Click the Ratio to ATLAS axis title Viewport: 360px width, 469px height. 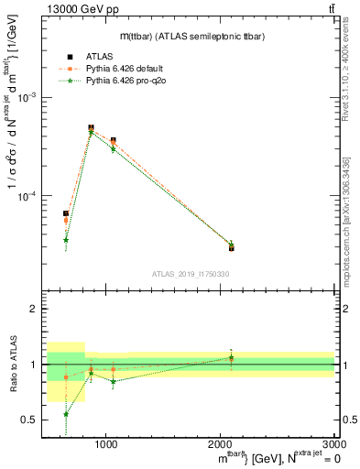pyautogui.click(x=13, y=364)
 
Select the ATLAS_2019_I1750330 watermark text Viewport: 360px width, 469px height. pyautogui.click(x=191, y=275)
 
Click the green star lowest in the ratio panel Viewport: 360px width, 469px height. pyautogui.click(x=66, y=414)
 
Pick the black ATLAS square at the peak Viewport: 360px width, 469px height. pyautogui.click(x=91, y=128)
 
